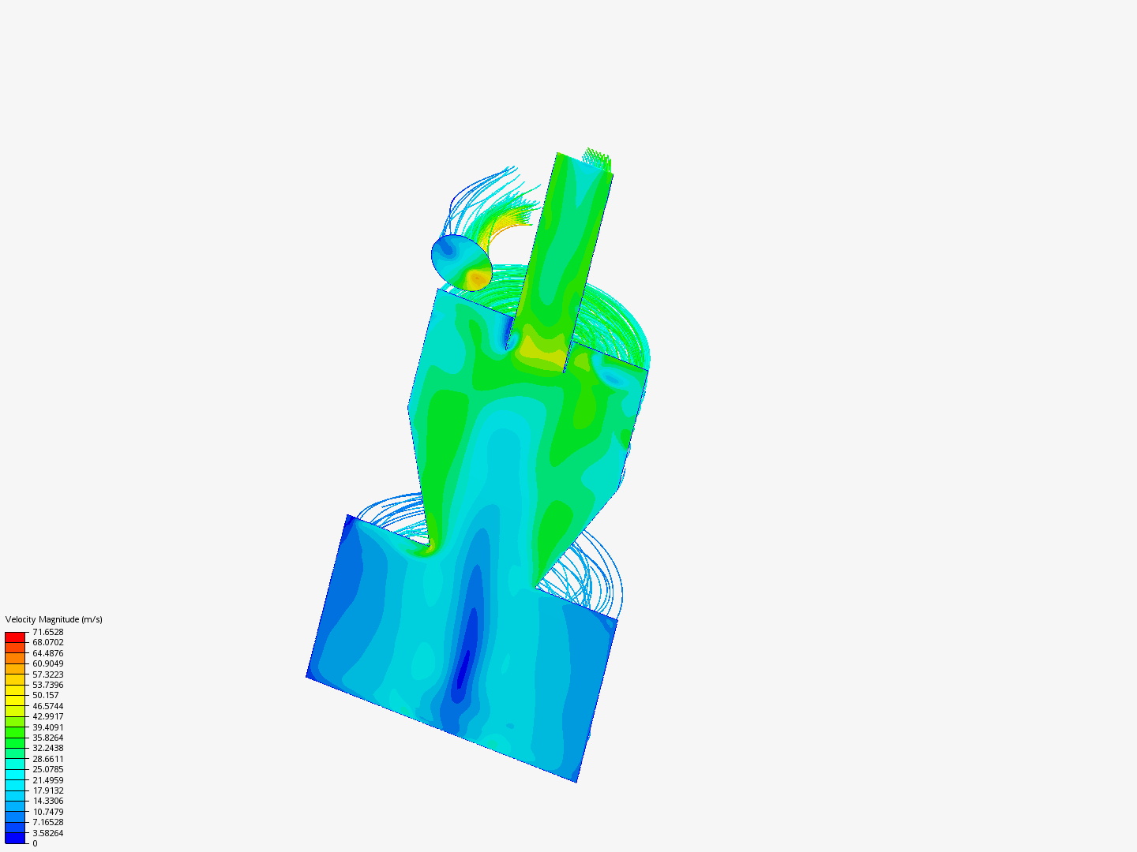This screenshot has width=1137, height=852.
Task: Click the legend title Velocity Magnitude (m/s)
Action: click(54, 619)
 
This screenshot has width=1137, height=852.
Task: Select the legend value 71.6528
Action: click(47, 632)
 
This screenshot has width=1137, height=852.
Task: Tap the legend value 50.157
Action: click(46, 695)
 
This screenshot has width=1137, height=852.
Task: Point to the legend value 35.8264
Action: click(47, 738)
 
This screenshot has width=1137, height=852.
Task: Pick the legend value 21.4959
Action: click(47, 780)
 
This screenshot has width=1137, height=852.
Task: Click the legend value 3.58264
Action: click(47, 833)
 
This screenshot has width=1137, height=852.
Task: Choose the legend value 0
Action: click(35, 844)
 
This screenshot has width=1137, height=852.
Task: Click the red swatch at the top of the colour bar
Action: click(15, 637)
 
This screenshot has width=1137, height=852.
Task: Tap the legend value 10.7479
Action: click(47, 812)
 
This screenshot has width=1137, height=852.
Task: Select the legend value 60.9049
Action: click(47, 663)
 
